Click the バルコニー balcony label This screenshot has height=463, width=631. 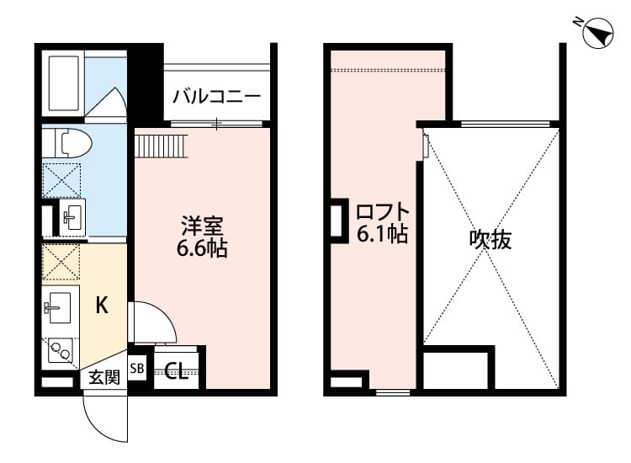click(x=216, y=95)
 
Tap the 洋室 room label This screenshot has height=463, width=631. click(x=203, y=226)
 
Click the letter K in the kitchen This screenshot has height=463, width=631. click(x=101, y=306)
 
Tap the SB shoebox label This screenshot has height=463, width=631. click(x=137, y=368)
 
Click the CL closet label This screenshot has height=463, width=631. click(x=177, y=370)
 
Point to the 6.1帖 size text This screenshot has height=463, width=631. click(x=383, y=235)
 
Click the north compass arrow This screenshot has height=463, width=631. click(x=599, y=34)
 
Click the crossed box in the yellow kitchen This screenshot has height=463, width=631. click(x=61, y=263)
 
